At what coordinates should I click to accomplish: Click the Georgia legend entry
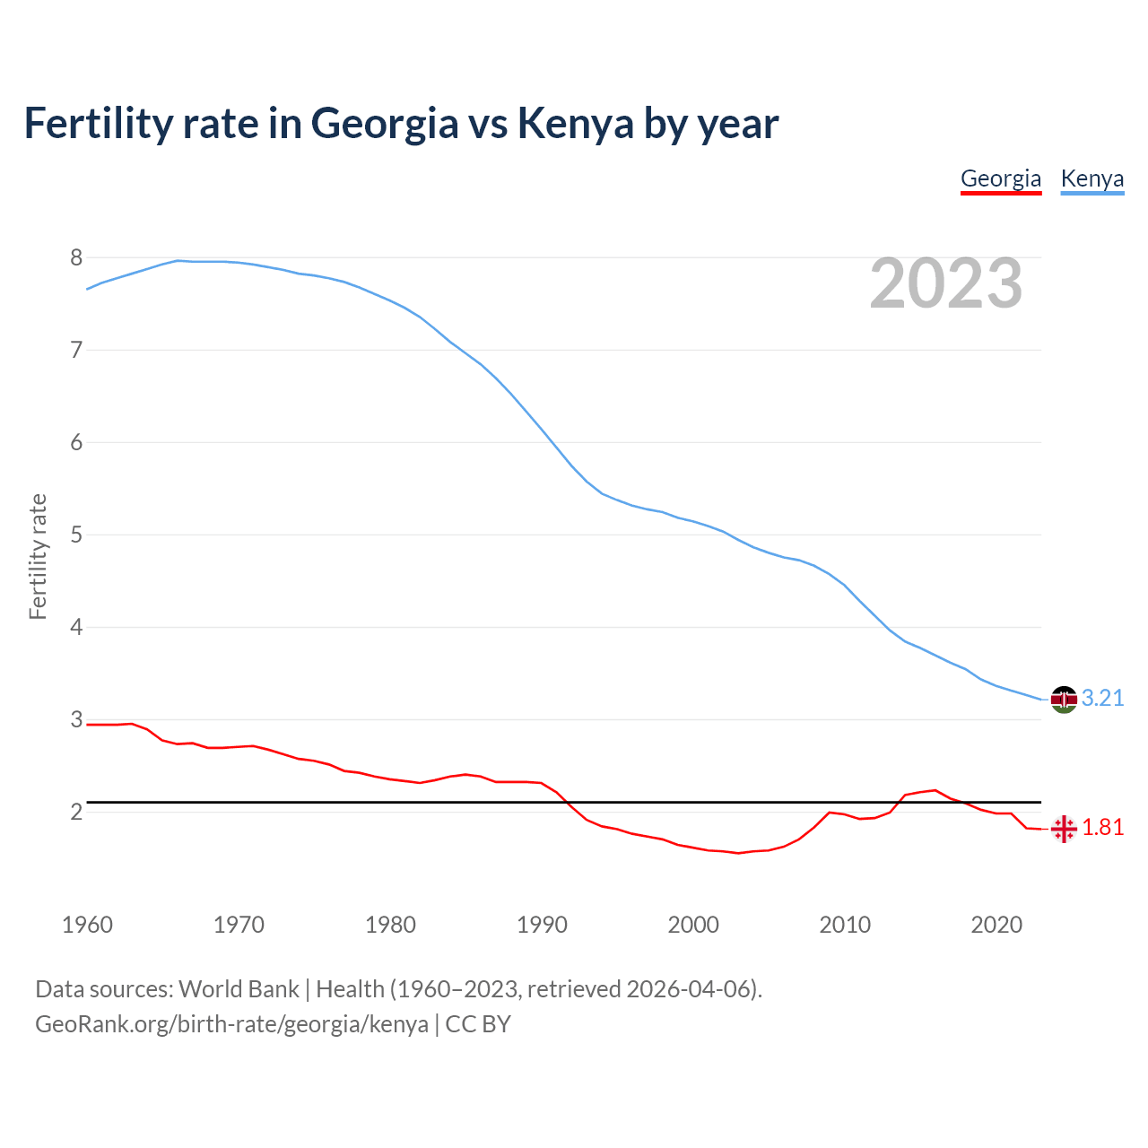(1001, 178)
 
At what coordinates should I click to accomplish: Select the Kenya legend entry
(1091, 178)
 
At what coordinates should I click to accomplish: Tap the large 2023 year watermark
(946, 283)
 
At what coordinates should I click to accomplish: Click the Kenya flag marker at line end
(1064, 699)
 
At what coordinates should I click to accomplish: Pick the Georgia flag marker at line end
(1064, 829)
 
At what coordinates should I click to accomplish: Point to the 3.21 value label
(1102, 699)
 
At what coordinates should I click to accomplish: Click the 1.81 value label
(1102, 828)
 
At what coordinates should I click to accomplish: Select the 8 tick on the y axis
(76, 258)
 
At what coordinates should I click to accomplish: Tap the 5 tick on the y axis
(76, 535)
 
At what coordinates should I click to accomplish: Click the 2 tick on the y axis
(76, 813)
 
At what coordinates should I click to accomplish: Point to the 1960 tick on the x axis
(87, 925)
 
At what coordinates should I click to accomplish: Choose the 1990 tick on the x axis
(542, 925)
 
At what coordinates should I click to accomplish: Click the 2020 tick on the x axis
(996, 925)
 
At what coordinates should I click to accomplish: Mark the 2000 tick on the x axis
(693, 925)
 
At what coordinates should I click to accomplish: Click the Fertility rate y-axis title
(38, 556)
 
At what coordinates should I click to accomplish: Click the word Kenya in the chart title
(576, 124)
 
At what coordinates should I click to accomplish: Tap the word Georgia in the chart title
(385, 124)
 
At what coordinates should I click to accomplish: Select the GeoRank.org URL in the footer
(231, 1024)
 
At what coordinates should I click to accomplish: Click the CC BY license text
(478, 1024)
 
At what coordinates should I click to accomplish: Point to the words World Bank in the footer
(239, 989)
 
